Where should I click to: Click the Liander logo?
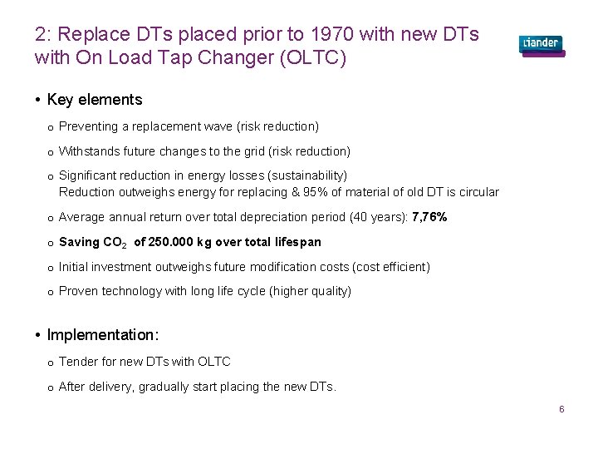(541, 44)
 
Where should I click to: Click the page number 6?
(561, 410)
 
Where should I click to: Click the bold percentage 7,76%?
(429, 217)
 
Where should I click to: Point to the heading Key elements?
(95, 100)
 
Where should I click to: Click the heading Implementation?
(102, 335)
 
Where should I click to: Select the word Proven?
(77, 291)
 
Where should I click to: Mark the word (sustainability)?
(306, 175)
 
